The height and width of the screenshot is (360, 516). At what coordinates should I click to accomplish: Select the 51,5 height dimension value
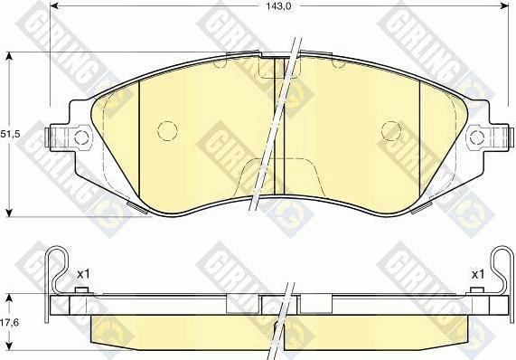[x=10, y=135]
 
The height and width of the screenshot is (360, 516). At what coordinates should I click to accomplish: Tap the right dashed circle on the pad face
[x=391, y=130]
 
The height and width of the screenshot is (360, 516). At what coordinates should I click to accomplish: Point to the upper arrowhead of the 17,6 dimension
[x=10, y=298]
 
